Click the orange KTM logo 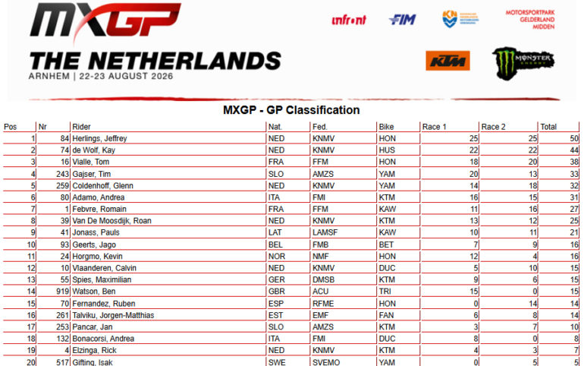(x=447, y=61)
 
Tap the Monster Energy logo (x=523, y=63)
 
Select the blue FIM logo (x=402, y=20)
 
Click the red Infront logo (x=349, y=20)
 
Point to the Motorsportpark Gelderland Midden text (x=530, y=20)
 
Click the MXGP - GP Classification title (x=291, y=110)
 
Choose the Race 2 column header (x=493, y=127)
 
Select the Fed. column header (x=319, y=127)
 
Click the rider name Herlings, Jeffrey (x=99, y=138)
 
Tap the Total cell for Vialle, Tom (x=574, y=162)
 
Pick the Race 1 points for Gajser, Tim (x=473, y=174)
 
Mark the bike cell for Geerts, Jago (x=386, y=245)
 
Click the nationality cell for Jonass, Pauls (x=275, y=232)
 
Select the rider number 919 (x=62, y=291)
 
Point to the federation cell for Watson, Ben (x=320, y=291)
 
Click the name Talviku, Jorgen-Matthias (x=113, y=315)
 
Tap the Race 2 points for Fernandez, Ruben (x=532, y=304)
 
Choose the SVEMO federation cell (x=326, y=362)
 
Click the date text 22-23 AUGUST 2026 (x=126, y=76)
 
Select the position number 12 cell (x=31, y=268)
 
